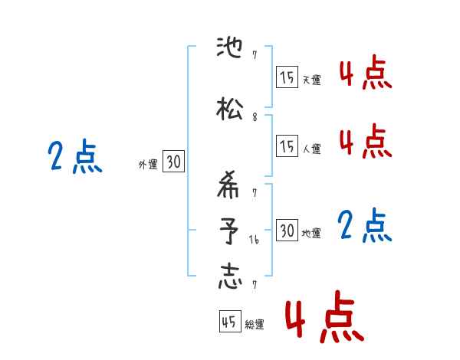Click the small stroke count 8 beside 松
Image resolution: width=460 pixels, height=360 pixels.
click(x=255, y=116)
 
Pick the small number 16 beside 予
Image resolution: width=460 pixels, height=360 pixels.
click(x=255, y=239)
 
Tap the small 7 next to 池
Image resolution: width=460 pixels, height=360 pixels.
click(x=254, y=55)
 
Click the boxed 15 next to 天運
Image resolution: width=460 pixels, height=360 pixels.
click(x=287, y=77)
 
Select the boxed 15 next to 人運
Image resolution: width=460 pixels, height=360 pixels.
click(x=287, y=146)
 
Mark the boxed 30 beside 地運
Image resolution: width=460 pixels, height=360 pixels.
click(x=287, y=231)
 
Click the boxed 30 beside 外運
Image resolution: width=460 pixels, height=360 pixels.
click(x=173, y=162)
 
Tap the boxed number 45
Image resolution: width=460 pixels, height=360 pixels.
click(x=228, y=322)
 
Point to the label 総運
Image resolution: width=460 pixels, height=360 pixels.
click(x=254, y=325)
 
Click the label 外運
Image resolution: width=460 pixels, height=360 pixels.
click(x=147, y=164)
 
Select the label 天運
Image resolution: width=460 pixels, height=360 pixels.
click(x=311, y=80)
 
